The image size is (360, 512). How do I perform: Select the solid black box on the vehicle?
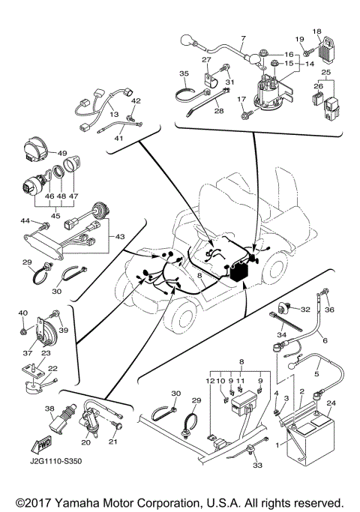[x=240, y=272]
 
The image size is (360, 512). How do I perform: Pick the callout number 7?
[x=243, y=37]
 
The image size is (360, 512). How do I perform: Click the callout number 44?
[x=25, y=220]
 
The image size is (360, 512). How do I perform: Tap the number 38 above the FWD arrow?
[x=49, y=409]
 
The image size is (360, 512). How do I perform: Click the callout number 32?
[x=305, y=309]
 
